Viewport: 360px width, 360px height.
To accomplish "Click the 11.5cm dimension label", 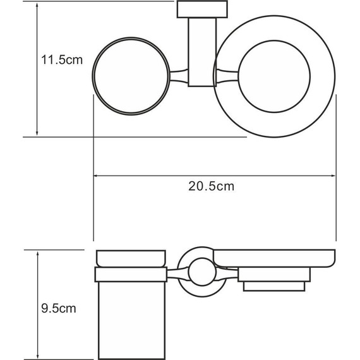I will [x=58, y=60].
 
